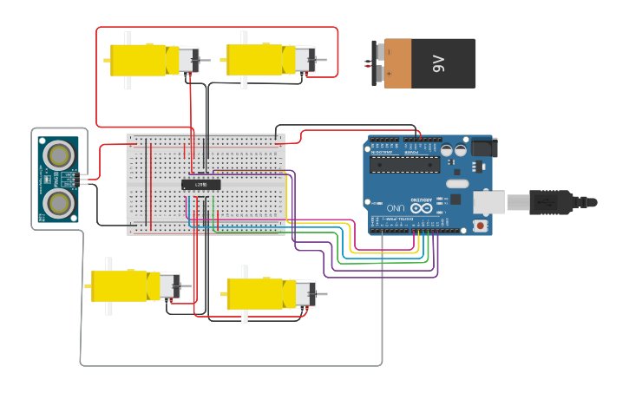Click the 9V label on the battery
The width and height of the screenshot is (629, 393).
[x=438, y=63]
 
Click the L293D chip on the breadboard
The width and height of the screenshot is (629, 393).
[x=200, y=184]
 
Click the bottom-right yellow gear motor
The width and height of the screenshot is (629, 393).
[x=260, y=294]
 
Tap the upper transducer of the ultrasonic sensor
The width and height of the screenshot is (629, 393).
[x=59, y=154]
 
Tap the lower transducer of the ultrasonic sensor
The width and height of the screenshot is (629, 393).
[x=59, y=202]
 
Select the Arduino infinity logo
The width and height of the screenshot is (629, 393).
[x=423, y=206]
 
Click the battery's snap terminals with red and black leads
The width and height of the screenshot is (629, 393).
[x=375, y=63]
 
